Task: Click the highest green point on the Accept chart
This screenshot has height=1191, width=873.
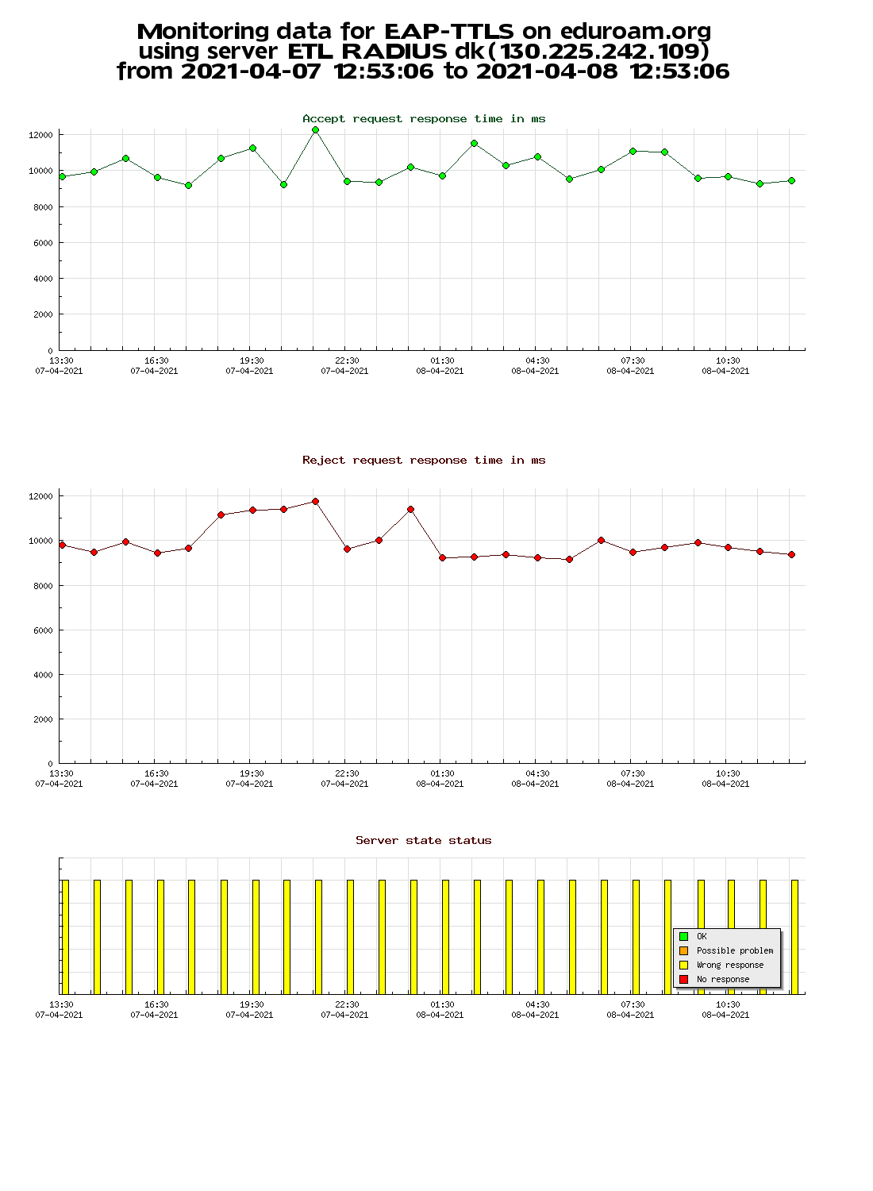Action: (315, 129)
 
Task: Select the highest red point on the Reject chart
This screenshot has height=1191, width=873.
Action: (315, 501)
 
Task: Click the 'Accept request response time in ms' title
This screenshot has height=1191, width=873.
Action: (424, 118)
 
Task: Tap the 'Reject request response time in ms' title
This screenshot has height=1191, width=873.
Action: (424, 460)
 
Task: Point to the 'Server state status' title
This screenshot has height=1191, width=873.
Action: (424, 841)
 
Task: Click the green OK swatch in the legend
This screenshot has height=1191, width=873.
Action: (684, 936)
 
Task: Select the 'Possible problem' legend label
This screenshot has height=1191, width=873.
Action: (735, 950)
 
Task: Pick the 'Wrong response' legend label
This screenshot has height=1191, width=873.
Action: (730, 965)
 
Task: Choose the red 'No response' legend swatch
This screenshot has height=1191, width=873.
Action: (684, 979)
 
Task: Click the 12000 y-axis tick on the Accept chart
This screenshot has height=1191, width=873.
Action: (41, 135)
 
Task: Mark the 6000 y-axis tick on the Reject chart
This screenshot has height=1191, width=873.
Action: (43, 630)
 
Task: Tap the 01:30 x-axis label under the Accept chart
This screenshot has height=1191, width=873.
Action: (442, 360)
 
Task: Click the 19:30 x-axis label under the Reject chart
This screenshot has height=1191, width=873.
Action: (252, 773)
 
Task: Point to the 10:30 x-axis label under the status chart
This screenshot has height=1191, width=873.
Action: (728, 1005)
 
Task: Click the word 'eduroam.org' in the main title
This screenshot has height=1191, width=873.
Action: (636, 32)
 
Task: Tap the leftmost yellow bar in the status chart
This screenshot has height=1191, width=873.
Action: (65, 937)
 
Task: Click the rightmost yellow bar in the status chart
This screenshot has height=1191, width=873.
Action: (795, 937)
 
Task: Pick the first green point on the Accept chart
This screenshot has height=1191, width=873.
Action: (62, 176)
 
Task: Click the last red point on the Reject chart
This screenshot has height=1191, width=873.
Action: (792, 554)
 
